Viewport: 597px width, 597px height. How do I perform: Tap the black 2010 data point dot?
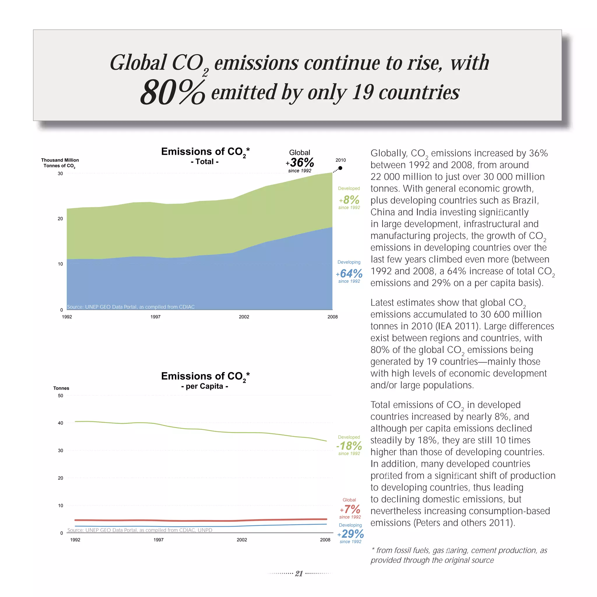point(340,168)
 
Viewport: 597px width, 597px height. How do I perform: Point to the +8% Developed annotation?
point(350,200)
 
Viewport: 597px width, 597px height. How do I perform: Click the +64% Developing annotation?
point(350,273)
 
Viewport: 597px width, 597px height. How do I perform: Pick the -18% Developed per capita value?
point(349,446)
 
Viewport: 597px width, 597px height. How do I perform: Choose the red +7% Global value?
point(350,509)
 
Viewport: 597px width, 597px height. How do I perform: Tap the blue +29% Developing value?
point(351,534)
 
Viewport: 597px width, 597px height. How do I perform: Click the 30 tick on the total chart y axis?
point(60,174)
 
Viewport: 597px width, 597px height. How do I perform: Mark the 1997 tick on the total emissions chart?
point(155,317)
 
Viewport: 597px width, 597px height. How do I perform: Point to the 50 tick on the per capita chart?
point(61,396)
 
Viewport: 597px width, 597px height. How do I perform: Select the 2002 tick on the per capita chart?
point(242,540)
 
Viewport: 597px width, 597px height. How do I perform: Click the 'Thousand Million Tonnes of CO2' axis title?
point(60,163)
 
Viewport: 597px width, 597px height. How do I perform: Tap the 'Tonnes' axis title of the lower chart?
point(61,388)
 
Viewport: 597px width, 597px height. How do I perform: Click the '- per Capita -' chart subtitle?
point(205,386)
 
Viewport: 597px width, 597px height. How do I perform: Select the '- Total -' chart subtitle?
point(205,161)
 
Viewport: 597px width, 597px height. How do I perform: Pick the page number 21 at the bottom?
point(299,573)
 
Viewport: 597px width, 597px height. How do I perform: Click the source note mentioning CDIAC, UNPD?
point(140,530)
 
